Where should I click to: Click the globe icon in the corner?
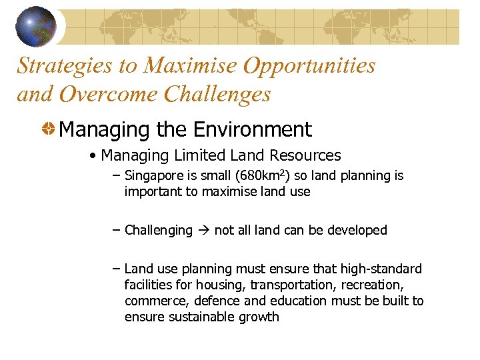coord(36,26)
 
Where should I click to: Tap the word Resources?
coord(305,156)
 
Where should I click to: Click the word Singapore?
coord(153,176)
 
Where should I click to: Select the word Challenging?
coord(158,231)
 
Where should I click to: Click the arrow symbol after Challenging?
coord(203,231)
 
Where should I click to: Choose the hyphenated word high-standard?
coord(380,269)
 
